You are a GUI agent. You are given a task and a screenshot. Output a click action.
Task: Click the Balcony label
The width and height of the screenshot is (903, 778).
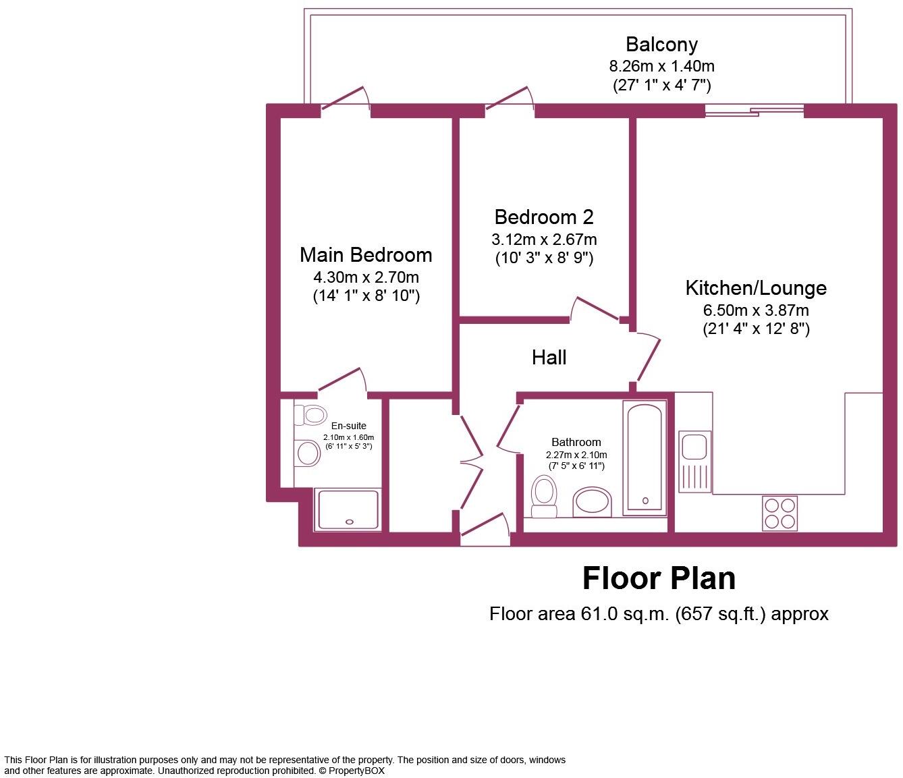tap(661, 45)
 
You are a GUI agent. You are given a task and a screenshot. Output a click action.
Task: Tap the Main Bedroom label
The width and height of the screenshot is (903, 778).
tap(366, 255)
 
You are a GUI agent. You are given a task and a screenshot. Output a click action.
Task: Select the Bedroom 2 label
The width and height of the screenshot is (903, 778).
tap(544, 217)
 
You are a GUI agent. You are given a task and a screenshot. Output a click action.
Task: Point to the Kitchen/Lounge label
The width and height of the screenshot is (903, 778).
tap(756, 288)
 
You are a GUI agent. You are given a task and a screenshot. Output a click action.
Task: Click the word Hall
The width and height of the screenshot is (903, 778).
tap(549, 358)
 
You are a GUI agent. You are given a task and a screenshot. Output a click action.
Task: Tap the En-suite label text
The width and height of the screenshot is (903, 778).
tap(348, 426)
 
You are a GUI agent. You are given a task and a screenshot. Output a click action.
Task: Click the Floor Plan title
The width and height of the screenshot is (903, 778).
tap(659, 579)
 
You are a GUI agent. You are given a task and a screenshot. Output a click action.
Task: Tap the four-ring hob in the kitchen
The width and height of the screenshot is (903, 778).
tap(779, 513)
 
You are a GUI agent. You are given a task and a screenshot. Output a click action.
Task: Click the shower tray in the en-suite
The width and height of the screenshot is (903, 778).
tap(348, 510)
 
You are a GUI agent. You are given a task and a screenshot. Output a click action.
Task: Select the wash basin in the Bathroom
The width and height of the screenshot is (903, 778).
tap(593, 503)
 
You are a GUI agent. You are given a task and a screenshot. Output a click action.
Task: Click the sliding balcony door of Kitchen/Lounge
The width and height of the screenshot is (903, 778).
tap(755, 111)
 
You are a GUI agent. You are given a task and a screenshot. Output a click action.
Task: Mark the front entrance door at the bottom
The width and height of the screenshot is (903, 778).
tap(485, 530)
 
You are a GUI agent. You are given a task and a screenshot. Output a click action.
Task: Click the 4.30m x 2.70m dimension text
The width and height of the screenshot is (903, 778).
tap(366, 277)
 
